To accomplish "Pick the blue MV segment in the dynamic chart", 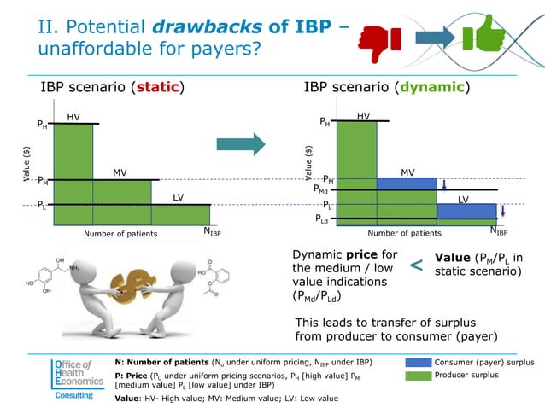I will (407, 184).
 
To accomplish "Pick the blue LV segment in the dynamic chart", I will (466, 212).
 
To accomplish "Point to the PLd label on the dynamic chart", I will (322, 219).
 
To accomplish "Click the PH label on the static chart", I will (42, 125).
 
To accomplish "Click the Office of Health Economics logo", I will (76, 378).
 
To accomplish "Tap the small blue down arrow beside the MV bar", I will (444, 184).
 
